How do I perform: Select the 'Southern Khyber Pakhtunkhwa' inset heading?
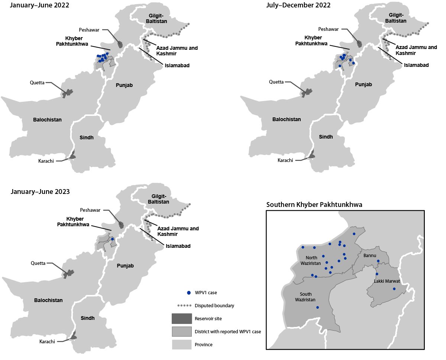click(x=314, y=205)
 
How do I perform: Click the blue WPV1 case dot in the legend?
click(x=189, y=293)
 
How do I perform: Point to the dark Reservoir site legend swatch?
click(x=181, y=319)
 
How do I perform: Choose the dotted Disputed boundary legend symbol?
click(x=181, y=306)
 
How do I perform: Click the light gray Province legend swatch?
click(x=181, y=344)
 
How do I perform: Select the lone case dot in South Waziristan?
click(x=317, y=307)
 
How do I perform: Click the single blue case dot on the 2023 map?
click(x=112, y=239)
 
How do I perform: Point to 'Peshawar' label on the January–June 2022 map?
click(x=89, y=29)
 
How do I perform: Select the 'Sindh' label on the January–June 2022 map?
click(x=87, y=137)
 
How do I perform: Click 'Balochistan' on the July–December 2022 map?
click(x=287, y=119)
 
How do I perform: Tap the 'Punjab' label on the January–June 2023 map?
click(x=125, y=266)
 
